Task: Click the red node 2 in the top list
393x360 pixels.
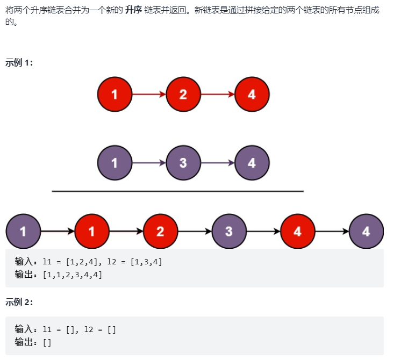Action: pyautogui.click(x=183, y=95)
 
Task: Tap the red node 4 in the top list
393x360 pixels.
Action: pyautogui.click(x=252, y=95)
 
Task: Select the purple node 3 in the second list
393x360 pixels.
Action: pyautogui.click(x=183, y=163)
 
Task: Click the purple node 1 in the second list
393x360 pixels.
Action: pyautogui.click(x=115, y=163)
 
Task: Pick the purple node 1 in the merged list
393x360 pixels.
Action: pyautogui.click(x=23, y=232)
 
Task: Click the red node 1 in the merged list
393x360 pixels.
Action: pyautogui.click(x=92, y=232)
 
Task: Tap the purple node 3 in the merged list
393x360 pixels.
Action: pyautogui.click(x=229, y=232)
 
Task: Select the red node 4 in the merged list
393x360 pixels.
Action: pyautogui.click(x=297, y=232)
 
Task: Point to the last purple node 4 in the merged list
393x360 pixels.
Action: pyautogui.click(x=366, y=232)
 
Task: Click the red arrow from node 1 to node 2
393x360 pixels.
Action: pyautogui.click(x=149, y=95)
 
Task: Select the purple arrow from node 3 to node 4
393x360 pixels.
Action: pyautogui.click(x=217, y=163)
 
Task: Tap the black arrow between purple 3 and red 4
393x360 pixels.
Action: pyautogui.click(x=263, y=232)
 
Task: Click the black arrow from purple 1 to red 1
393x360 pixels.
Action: pyautogui.click(x=58, y=232)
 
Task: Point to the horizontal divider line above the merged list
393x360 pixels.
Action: pyautogui.click(x=177, y=191)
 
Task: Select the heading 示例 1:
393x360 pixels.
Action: pyautogui.click(x=19, y=62)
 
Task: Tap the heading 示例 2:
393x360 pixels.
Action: pyautogui.click(x=19, y=302)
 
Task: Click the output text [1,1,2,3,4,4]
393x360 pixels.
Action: pyautogui.click(x=72, y=275)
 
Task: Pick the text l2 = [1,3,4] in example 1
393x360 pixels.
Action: pyautogui.click(x=134, y=262)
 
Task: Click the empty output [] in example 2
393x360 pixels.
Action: pyautogui.click(x=47, y=342)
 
